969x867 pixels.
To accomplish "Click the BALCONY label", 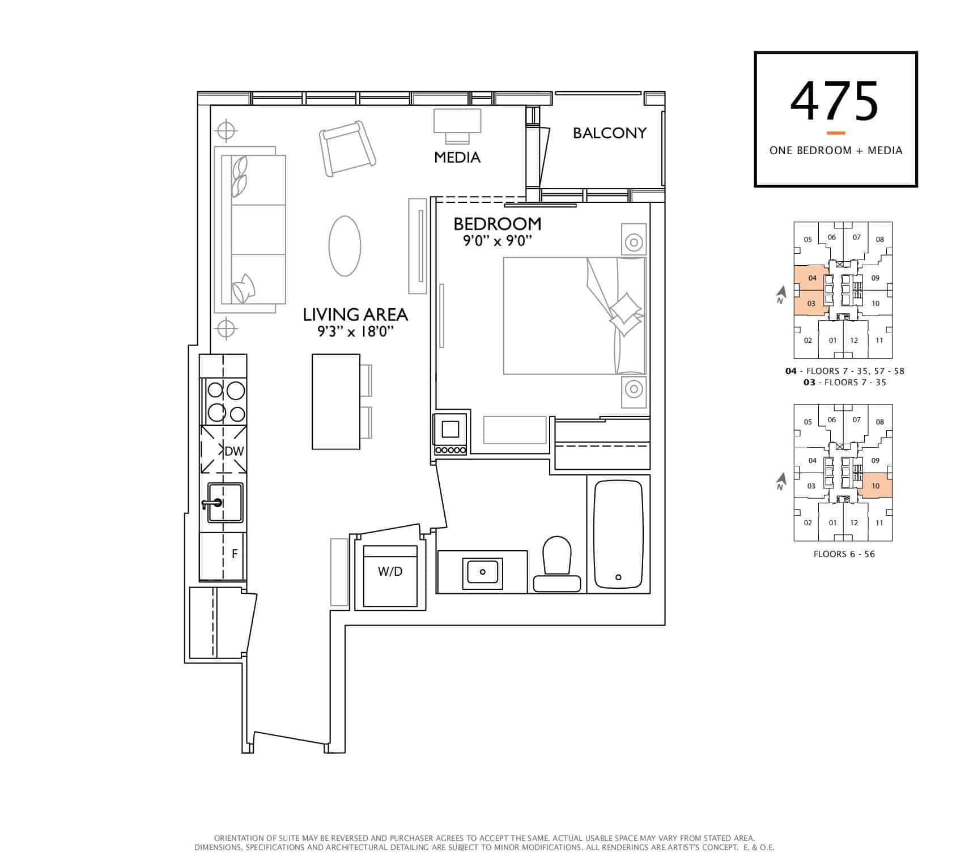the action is pyautogui.click(x=609, y=133).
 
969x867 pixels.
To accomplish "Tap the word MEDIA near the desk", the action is pyautogui.click(x=457, y=157).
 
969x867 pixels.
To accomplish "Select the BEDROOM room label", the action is pyautogui.click(x=497, y=224).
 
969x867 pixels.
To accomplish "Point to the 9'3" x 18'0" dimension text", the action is pyautogui.click(x=355, y=331).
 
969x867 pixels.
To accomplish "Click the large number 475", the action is pyautogui.click(x=835, y=102).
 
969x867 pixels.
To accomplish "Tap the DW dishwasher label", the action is pyautogui.click(x=234, y=451).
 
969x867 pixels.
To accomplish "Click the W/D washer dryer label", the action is pyautogui.click(x=390, y=571).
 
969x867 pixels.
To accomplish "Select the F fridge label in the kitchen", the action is pyautogui.click(x=235, y=554).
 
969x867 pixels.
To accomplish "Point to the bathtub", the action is pyautogui.click(x=618, y=534).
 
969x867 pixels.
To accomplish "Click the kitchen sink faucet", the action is pyautogui.click(x=212, y=503).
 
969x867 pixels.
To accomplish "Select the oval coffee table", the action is pyautogui.click(x=345, y=246).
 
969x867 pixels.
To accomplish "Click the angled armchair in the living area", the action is pyautogui.click(x=347, y=148).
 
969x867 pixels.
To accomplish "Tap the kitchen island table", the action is pyautogui.click(x=336, y=401).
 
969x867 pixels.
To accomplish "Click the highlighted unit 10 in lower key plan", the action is pyautogui.click(x=875, y=486).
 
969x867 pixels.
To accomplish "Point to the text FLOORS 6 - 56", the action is pyautogui.click(x=844, y=554).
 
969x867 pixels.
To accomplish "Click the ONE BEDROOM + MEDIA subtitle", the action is pyautogui.click(x=836, y=150).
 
